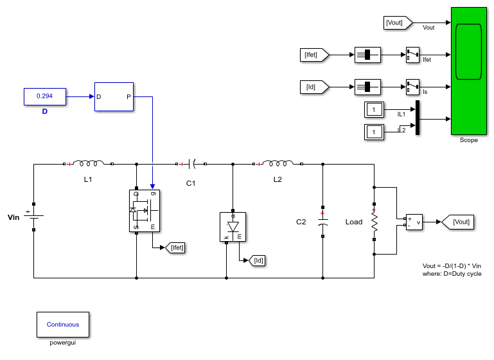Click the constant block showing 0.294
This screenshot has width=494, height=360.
pos(45,96)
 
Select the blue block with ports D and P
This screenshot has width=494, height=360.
pos(114,97)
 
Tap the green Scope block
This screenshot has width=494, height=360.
pos(469,71)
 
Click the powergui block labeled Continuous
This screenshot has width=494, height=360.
pos(63,325)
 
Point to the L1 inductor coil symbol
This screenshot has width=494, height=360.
pos(88,163)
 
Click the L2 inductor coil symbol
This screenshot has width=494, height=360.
pos(278,163)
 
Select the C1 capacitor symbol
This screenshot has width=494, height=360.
pos(191,164)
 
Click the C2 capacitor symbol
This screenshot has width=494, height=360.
pos(322,222)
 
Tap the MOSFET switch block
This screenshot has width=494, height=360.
pos(145,211)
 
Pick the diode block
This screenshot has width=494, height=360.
pos(233,227)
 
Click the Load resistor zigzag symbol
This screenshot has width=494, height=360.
pos(375,222)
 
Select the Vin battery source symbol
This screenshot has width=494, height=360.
pos(34,217)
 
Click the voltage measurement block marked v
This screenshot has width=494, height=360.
pos(414,222)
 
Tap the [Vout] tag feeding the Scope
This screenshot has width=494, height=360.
pos(398,22)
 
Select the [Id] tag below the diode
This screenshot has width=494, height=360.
pos(257,261)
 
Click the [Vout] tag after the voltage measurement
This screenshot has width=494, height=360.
pos(458,222)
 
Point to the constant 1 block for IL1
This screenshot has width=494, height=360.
pos(374,110)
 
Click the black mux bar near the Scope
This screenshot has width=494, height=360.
pos(418,118)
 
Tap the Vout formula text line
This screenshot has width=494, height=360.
pos(452,266)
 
